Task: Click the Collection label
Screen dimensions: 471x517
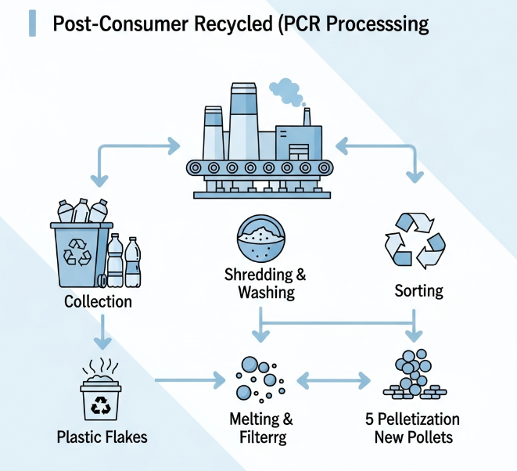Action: point(99,301)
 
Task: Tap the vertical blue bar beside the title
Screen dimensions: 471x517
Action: point(31,23)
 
